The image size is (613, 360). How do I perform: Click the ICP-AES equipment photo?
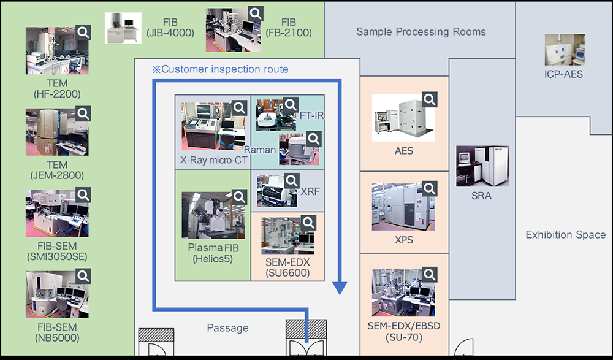click(x=564, y=50)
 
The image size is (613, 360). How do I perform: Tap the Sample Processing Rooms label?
click(x=421, y=32)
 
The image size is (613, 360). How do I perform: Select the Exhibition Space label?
click(x=565, y=235)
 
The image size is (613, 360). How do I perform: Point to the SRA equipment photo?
click(x=482, y=166)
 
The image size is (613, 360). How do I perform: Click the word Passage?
click(x=227, y=328)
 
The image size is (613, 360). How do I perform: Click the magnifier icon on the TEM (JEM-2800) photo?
click(x=83, y=113)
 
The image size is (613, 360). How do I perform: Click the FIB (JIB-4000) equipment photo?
click(x=123, y=28)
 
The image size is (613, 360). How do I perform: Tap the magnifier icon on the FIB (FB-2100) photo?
click(x=256, y=13)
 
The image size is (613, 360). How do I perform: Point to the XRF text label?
click(x=310, y=191)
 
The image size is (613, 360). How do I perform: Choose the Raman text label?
click(x=260, y=150)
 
